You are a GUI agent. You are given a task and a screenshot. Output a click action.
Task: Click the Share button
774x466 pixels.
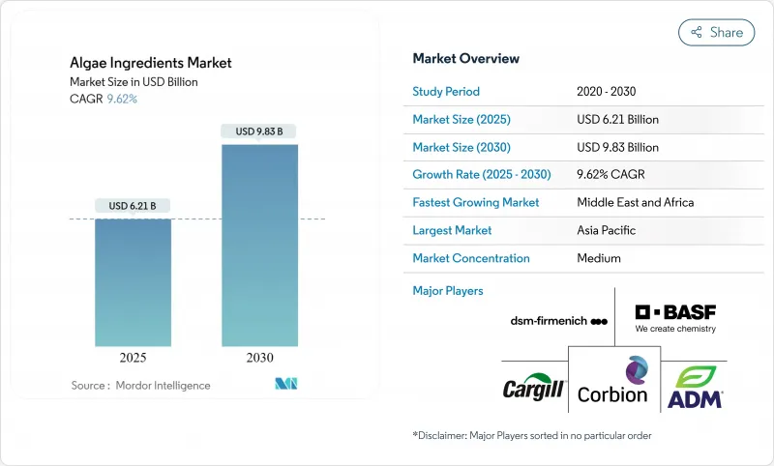point(716,32)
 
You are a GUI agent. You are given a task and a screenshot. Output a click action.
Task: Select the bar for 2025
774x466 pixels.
point(133,282)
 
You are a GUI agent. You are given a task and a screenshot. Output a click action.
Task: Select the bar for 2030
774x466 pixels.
point(259,246)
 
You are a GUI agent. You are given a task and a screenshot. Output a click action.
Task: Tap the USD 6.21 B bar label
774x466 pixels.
point(133,206)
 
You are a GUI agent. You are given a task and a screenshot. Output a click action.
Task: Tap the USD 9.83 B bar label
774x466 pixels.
point(259,131)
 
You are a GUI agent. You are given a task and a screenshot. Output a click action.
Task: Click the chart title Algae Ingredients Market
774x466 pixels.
point(151,64)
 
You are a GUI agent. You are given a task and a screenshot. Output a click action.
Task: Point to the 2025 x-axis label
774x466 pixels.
point(133,357)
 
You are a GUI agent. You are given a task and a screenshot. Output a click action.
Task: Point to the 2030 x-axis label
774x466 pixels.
point(259,357)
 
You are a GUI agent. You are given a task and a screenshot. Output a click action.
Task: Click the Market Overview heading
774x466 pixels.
point(465,59)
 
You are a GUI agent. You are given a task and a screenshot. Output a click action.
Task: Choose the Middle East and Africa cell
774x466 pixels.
point(635,203)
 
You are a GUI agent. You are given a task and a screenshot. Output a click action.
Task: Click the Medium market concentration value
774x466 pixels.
point(599,258)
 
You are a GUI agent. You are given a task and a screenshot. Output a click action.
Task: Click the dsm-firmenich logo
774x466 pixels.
point(558,321)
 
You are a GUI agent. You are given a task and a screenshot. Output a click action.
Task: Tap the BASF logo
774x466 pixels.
point(675,317)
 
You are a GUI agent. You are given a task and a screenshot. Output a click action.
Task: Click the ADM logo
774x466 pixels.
point(696,387)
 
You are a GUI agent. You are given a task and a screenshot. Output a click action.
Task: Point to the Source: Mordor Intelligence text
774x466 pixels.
point(140,385)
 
